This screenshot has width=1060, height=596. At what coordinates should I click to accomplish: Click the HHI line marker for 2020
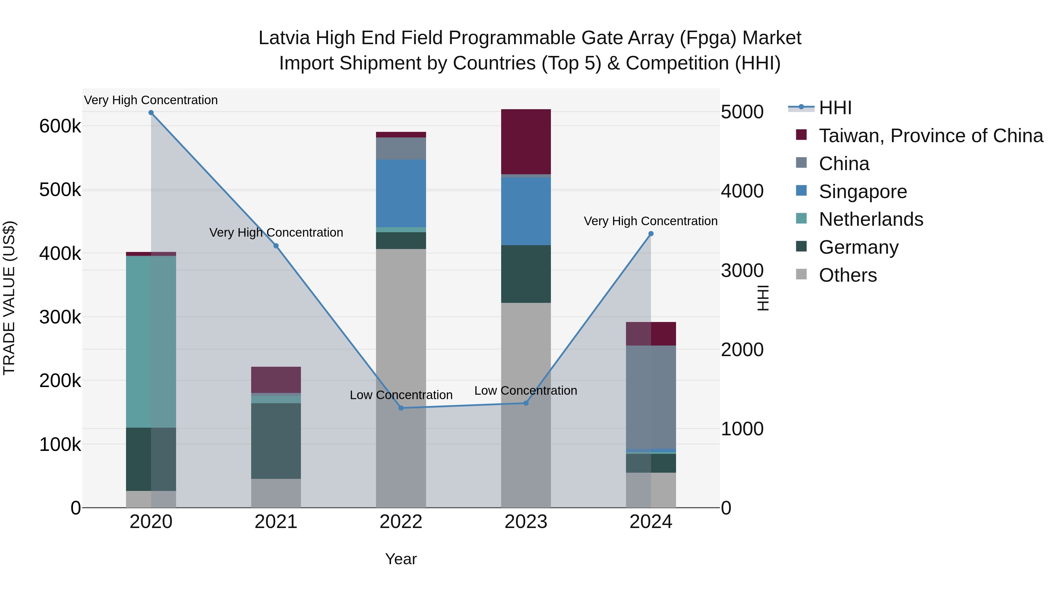[151, 113]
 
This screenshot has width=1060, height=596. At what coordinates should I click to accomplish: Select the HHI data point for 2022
[401, 408]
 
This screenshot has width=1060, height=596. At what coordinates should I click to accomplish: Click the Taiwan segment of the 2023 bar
[526, 142]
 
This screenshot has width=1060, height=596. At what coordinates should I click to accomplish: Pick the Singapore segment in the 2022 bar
[401, 193]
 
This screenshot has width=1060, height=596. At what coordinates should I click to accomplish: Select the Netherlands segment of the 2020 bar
[151, 341]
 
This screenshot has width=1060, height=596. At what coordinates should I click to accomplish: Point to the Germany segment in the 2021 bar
[276, 441]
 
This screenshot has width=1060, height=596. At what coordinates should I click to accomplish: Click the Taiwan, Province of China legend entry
[931, 136]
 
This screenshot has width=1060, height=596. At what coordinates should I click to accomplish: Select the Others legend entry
[848, 275]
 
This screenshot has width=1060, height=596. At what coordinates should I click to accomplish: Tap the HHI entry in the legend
[835, 108]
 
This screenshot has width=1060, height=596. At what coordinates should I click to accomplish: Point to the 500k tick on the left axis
[60, 190]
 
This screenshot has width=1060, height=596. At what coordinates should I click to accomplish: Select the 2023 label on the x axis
[526, 522]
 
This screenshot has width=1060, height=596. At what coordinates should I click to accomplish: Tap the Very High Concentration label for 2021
[276, 233]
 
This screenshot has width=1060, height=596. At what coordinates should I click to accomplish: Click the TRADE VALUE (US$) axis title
[9, 298]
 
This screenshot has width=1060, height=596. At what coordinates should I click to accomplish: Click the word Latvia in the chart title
[284, 38]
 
